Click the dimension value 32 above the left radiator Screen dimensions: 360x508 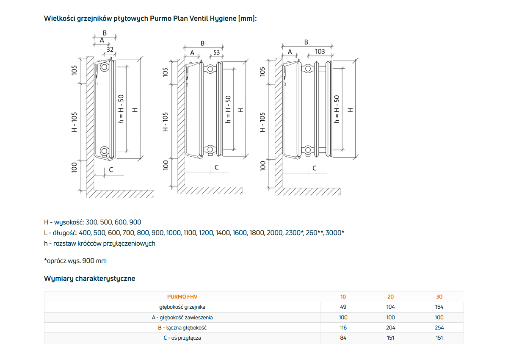[x=110, y=49]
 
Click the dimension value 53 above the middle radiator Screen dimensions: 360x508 [x=216, y=53]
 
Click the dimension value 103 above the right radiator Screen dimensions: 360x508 [x=320, y=51]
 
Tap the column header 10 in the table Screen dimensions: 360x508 [x=343, y=297]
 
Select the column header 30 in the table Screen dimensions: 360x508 [x=439, y=297]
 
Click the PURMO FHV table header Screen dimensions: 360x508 [x=182, y=297]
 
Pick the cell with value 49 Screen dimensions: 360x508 [x=343, y=307]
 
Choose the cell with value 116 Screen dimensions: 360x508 [x=343, y=328]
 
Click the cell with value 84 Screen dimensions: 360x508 [x=343, y=338]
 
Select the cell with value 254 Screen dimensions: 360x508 [x=439, y=328]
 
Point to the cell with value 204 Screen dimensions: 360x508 [x=390, y=328]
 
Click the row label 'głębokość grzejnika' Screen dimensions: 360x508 [x=182, y=307]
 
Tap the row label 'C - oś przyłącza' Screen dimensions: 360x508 [x=182, y=338]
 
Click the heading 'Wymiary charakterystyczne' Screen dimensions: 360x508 [x=89, y=278]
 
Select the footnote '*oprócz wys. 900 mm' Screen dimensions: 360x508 [x=75, y=261]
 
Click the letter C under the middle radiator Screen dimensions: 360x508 [x=216, y=167]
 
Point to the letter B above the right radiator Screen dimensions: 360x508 [x=306, y=42]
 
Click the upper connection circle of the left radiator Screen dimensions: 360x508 [x=104, y=67]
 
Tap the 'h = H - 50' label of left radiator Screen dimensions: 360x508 [x=121, y=108]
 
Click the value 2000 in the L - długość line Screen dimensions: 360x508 [x=274, y=233]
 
